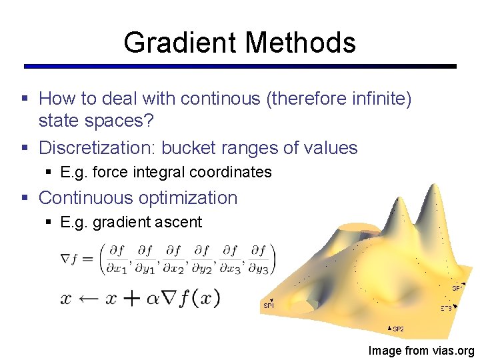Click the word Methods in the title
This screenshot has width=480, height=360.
click(301, 43)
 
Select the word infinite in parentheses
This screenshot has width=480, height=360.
click(376, 99)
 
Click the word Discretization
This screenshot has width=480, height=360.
click(97, 148)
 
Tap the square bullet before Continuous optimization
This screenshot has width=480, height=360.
click(25, 198)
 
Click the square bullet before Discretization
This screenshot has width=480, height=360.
click(25, 148)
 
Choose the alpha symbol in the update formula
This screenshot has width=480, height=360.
click(151, 298)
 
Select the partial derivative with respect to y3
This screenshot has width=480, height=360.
click(257, 258)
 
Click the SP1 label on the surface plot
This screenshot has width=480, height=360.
click(269, 305)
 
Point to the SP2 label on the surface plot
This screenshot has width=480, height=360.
click(396, 329)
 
